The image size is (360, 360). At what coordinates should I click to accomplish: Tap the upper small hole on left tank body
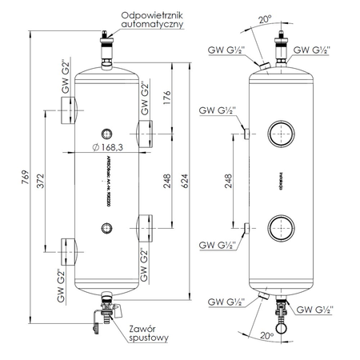point(106,133)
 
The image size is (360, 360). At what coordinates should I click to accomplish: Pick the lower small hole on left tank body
point(106,229)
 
